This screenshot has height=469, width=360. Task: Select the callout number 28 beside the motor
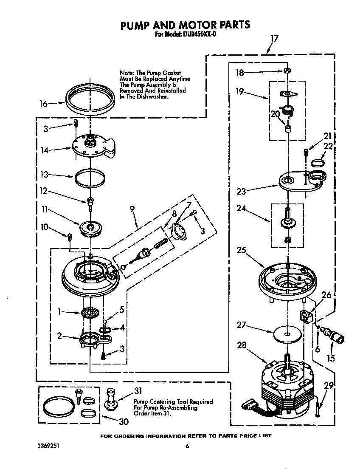pyautogui.click(x=241, y=345)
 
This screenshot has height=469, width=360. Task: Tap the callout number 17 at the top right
pyautogui.click(x=274, y=39)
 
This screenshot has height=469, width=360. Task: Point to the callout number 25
pyautogui.click(x=241, y=250)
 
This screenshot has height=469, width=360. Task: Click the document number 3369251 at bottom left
pyautogui.click(x=48, y=446)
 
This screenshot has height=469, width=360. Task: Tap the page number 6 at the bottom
pyautogui.click(x=187, y=446)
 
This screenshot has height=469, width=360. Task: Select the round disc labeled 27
pyautogui.click(x=287, y=334)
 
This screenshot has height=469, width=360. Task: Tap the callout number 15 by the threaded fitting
pyautogui.click(x=330, y=359)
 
